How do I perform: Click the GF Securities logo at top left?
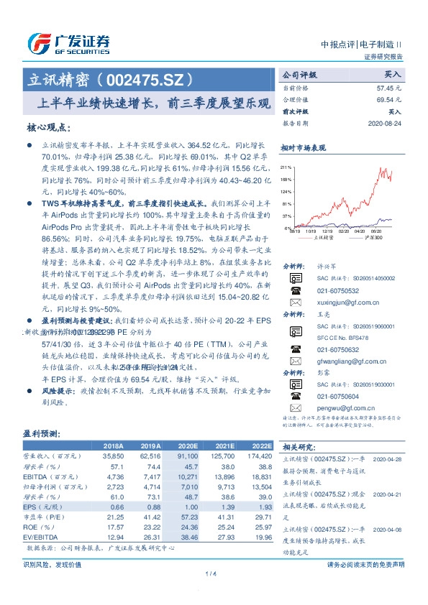pos(68,43)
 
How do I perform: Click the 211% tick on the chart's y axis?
pos(286,166)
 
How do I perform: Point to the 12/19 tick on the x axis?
pos(330,231)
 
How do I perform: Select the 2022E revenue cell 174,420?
pos(260,456)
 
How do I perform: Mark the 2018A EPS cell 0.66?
pos(116,506)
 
